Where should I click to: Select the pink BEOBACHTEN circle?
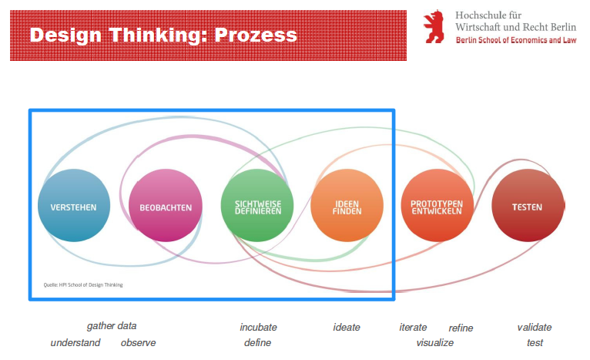coord(166,206)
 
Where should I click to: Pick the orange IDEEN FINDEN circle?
coord(347,206)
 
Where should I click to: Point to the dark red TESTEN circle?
coord(528,206)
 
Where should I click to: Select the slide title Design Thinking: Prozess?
coord(163,35)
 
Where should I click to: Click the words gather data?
coord(112,326)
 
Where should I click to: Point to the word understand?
coord(75,342)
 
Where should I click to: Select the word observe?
coord(138,342)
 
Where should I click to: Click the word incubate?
coord(258,327)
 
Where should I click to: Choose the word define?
coord(257,342)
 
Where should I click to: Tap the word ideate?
coord(347,327)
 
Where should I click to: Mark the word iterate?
coord(413,327)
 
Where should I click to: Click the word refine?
coord(461,328)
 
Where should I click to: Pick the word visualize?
coord(435,342)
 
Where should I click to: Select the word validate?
coord(535,327)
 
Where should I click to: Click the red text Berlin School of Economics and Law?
coord(515,39)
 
